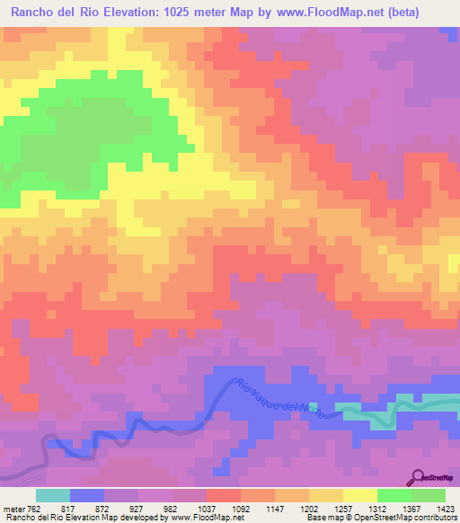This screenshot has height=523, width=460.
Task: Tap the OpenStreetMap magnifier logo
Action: click(417, 477)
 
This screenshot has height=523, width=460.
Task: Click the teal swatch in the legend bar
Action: click(53, 495)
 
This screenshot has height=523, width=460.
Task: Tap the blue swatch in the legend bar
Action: click(87, 495)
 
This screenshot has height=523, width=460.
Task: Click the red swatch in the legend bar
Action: click(223, 495)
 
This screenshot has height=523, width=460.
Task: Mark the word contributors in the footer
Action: click(435, 518)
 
